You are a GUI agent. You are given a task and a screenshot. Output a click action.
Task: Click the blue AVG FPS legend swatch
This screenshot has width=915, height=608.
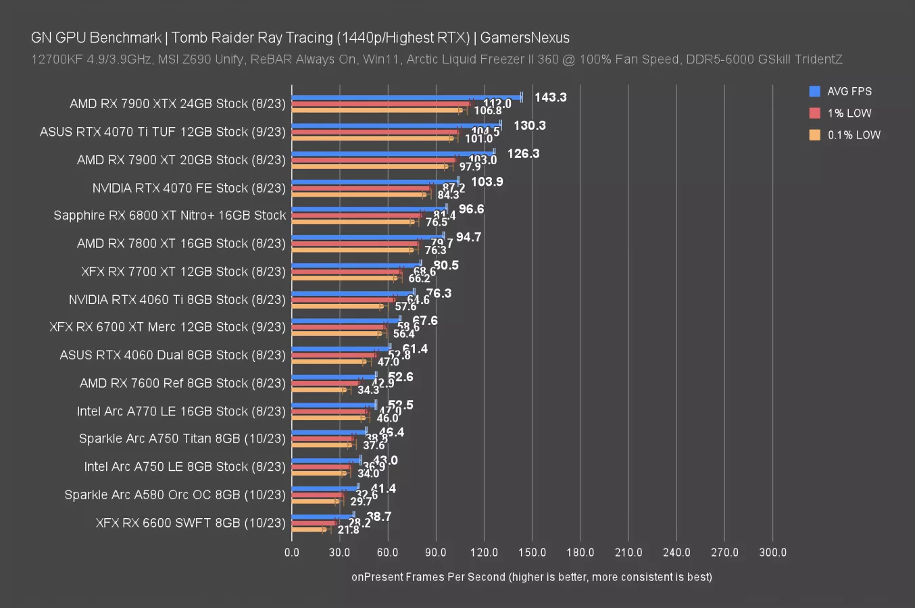tap(814, 91)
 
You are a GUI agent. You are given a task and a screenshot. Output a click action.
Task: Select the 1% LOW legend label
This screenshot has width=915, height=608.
tap(849, 113)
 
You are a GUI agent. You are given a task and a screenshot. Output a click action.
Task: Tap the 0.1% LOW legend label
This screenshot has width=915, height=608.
tap(854, 134)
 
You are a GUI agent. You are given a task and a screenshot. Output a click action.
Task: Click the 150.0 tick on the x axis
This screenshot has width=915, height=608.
tap(532, 552)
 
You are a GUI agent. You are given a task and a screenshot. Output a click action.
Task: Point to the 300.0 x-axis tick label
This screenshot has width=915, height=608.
tap(772, 552)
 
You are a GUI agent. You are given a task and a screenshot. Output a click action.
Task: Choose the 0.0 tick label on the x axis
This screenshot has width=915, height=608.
tap(292, 552)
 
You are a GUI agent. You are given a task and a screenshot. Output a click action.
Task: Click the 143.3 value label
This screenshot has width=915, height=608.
tap(550, 97)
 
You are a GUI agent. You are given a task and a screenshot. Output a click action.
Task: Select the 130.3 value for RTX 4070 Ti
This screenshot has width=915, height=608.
tap(529, 126)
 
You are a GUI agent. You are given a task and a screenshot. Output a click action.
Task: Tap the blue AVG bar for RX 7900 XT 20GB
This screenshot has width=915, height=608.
tap(393, 153)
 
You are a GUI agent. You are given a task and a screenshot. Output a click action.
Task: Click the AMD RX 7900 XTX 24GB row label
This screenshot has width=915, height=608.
tap(177, 103)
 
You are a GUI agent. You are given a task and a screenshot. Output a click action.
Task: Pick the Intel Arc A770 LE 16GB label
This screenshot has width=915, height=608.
tap(181, 411)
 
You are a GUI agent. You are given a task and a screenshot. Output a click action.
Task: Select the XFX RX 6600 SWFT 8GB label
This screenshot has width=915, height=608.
tap(191, 522)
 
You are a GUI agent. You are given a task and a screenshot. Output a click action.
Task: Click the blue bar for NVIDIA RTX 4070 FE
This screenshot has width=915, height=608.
tap(375, 181)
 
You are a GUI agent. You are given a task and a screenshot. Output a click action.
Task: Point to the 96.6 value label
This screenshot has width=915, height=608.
tap(471, 209)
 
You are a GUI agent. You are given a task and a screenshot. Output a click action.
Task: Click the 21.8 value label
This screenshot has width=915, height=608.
tap(348, 530)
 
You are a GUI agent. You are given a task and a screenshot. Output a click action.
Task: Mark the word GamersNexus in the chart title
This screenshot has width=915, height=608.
tap(524, 38)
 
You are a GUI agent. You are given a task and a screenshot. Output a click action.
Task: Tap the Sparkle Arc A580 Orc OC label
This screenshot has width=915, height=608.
tap(175, 495)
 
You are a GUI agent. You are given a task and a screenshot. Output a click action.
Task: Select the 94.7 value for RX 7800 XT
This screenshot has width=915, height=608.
tap(468, 237)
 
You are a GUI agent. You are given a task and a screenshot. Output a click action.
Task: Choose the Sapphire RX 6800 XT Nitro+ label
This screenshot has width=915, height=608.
tap(170, 215)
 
